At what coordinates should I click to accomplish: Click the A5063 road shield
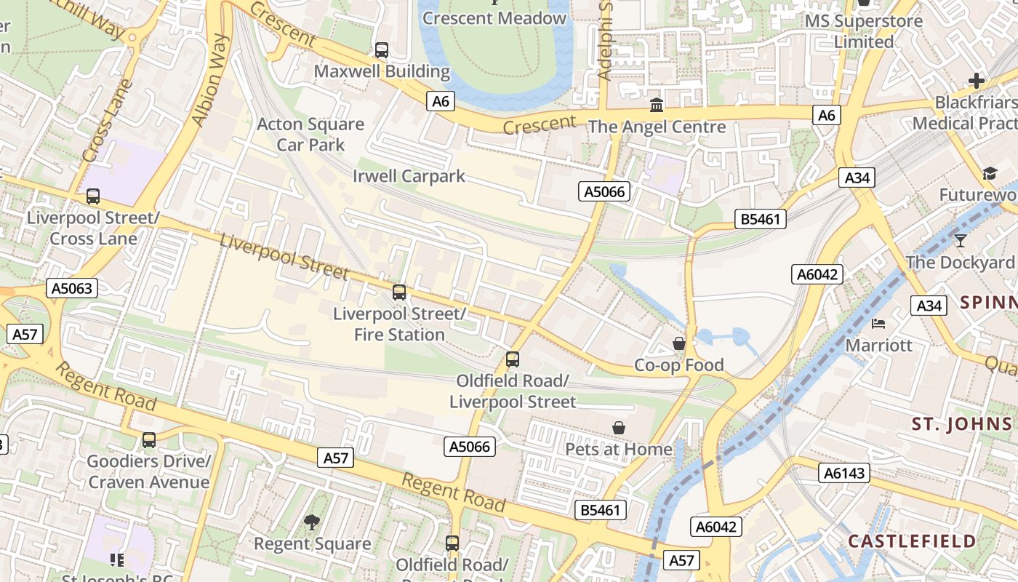72,288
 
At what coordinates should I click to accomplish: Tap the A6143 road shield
844,473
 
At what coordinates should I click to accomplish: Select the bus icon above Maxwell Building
382,50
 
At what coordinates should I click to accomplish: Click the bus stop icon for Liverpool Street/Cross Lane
93,196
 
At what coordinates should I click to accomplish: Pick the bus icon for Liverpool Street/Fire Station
399,292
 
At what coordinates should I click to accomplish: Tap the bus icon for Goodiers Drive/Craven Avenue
149,440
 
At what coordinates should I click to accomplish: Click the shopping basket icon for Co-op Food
679,343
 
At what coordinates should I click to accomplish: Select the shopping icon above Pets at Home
619,428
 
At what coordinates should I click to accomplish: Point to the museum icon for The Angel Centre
657,105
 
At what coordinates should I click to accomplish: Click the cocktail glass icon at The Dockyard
961,241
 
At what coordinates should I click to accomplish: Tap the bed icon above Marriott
878,323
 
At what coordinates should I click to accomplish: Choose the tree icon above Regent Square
312,522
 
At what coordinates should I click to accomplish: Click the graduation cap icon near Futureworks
990,173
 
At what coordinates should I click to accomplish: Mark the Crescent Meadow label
494,18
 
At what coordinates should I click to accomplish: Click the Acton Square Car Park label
310,134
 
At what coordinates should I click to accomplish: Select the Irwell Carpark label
409,176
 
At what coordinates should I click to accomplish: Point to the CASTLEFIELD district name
912,541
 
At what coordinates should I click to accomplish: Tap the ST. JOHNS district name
961,425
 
